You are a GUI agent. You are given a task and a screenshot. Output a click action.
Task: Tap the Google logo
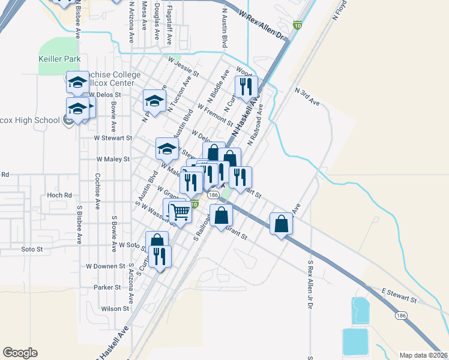tap(20, 353)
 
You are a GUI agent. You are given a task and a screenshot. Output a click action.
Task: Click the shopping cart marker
tap(179, 211)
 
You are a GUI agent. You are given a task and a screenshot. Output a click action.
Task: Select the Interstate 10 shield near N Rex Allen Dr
tap(297, 25)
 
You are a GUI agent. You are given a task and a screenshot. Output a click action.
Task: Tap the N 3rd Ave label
tap(307, 95)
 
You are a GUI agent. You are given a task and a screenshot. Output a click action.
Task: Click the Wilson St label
tap(115, 308)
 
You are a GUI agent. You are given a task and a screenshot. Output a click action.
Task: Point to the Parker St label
tap(107, 287)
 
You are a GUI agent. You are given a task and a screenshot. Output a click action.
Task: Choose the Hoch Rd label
tap(59, 195)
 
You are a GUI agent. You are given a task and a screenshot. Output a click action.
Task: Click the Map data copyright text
tap(424, 355)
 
